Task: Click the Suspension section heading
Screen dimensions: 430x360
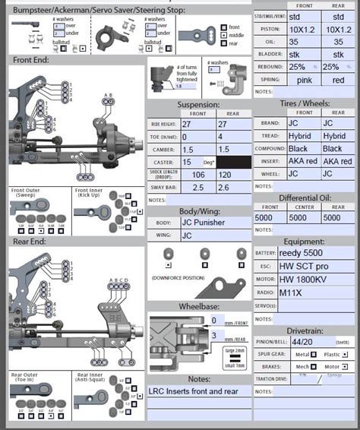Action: tap(198, 105)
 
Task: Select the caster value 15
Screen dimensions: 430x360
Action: tap(186, 162)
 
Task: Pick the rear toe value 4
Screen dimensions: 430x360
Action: tap(220, 137)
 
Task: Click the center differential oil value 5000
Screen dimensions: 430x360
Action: tap(305, 217)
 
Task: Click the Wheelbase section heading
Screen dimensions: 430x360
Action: tap(198, 308)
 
